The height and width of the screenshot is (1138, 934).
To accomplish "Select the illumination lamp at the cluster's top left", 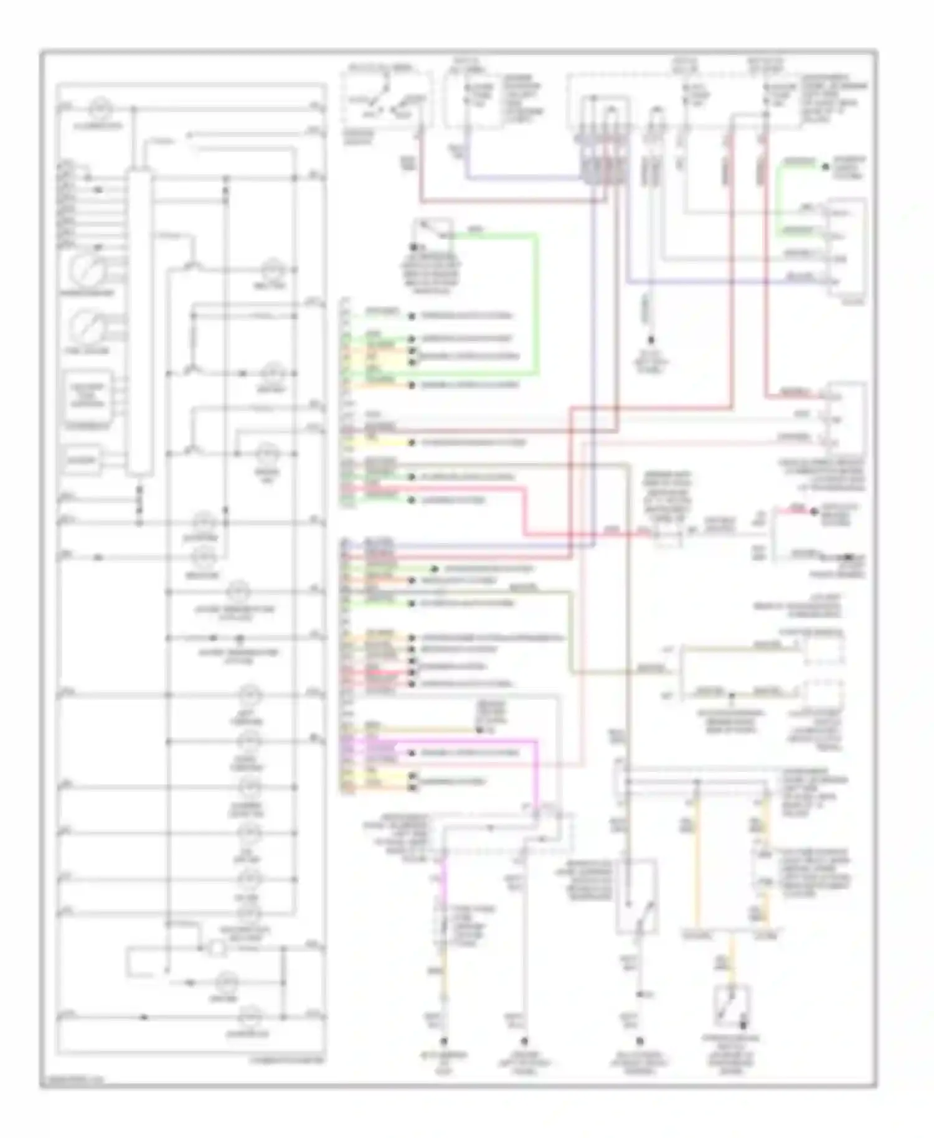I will [98, 108].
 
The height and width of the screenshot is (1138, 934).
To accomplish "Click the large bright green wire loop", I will [536, 305].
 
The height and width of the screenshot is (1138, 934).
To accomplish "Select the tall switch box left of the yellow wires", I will [636, 896].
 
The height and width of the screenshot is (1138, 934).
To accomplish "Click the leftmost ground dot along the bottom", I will [444, 1040].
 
